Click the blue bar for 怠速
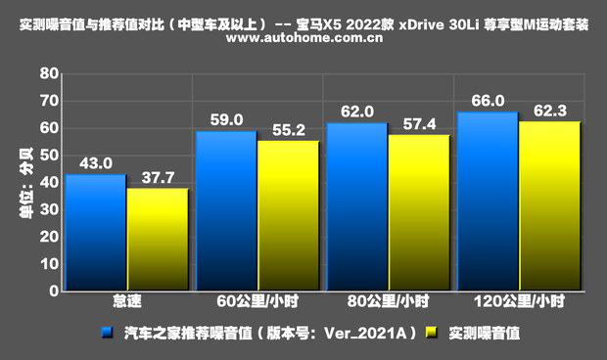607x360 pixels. [95, 232]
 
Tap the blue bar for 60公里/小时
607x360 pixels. [225, 210]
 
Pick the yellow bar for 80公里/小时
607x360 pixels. [419, 212]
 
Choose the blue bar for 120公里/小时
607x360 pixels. [487, 201]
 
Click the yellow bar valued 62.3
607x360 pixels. [549, 205]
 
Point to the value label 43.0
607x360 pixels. [95, 163]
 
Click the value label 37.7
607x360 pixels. [158, 177]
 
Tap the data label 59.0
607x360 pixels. [226, 120]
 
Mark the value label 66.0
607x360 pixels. [488, 101]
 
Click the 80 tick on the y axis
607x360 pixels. [47, 73]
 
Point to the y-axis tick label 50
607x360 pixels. [47, 156]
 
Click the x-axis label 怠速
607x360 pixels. [126, 303]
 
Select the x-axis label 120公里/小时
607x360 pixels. [519, 303]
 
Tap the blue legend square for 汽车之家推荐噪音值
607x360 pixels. [109, 333]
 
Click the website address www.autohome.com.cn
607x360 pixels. [303, 39]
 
